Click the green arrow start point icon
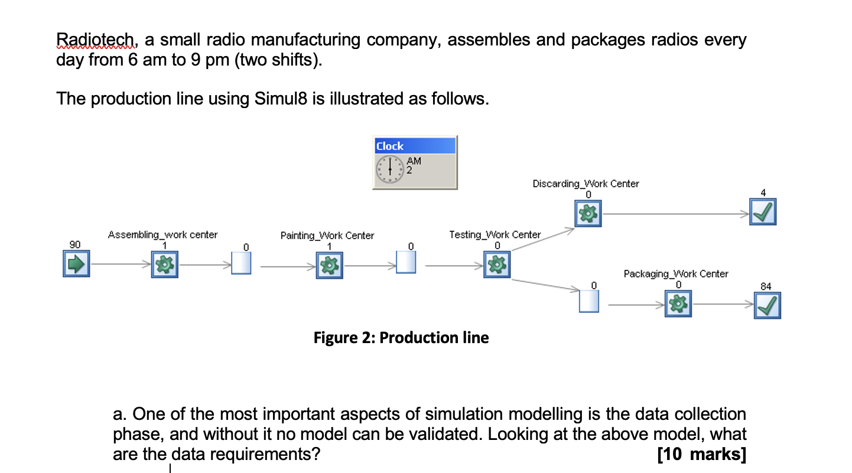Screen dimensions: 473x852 76,264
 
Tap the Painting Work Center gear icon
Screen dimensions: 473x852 330,264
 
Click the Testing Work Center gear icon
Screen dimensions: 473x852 497,264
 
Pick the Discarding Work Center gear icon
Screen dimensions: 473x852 588,212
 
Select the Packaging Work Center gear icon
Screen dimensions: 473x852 678,305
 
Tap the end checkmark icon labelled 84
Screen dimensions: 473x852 767,305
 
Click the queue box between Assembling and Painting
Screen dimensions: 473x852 241,263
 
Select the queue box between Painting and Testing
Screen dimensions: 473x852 406,263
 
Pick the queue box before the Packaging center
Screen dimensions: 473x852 589,302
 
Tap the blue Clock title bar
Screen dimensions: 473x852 414,146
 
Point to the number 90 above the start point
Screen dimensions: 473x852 74,244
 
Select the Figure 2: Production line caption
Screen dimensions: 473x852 401,338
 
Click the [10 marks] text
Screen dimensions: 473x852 701,454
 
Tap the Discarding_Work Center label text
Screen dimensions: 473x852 586,184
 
